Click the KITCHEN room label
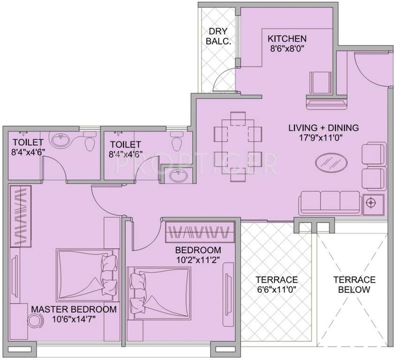[x=287, y=38]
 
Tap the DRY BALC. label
[x=219, y=36]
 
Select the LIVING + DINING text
[x=323, y=127]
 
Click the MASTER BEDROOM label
[x=74, y=309]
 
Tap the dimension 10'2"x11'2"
[x=198, y=259]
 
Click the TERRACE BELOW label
[x=354, y=285]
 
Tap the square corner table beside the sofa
[x=371, y=202]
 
